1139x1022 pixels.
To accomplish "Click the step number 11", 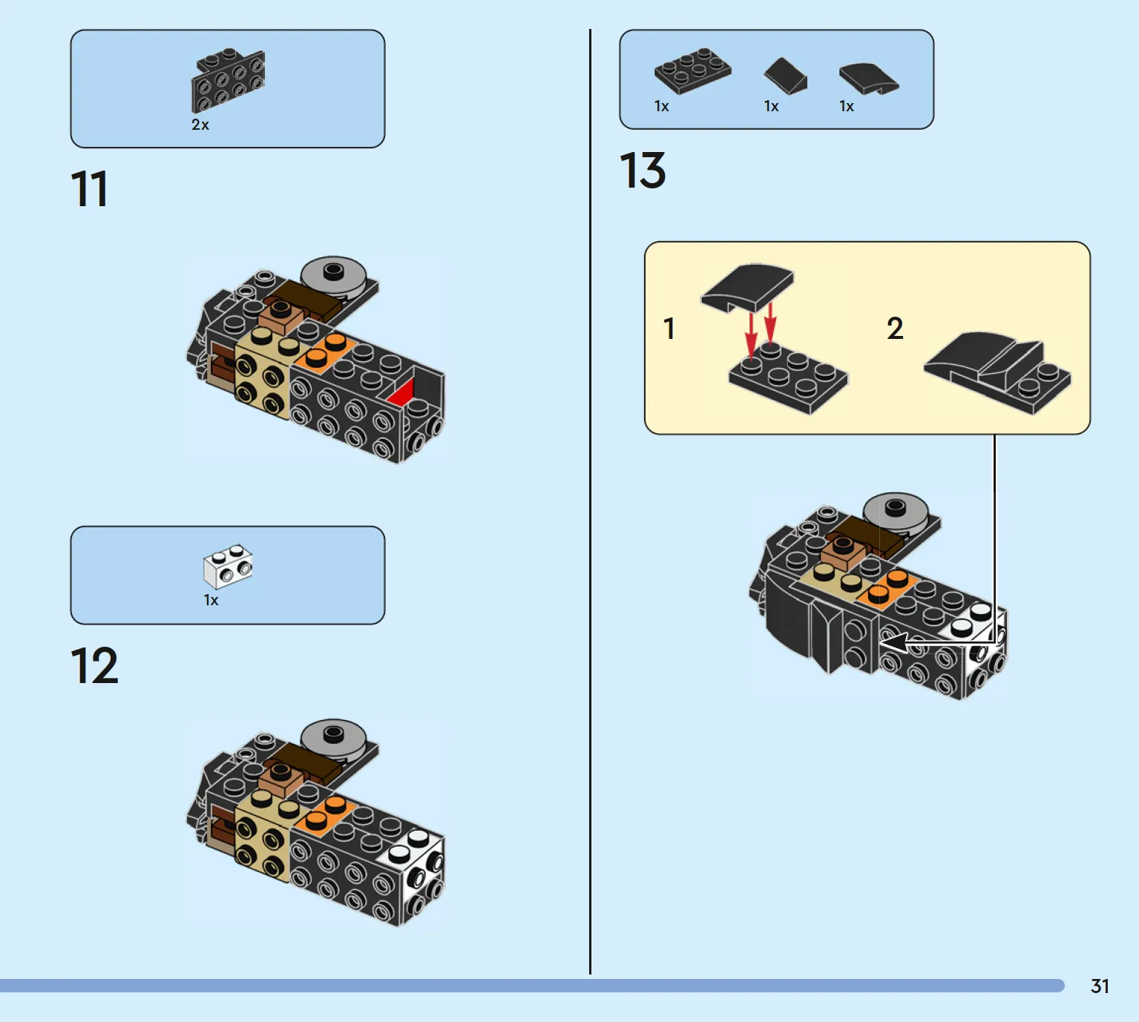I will pyautogui.click(x=89, y=189).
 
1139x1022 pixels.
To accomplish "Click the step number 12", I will pyautogui.click(x=94, y=666).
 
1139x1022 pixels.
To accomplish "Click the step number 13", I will pyautogui.click(x=643, y=171).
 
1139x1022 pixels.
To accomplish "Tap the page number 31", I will pyautogui.click(x=1100, y=986).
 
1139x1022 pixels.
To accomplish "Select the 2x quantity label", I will pyautogui.click(x=200, y=125).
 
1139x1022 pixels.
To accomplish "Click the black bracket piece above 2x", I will pyautogui.click(x=228, y=79).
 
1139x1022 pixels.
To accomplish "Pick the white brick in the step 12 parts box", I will pyautogui.click(x=228, y=567).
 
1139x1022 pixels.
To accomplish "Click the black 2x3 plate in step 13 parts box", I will pyautogui.click(x=692, y=70).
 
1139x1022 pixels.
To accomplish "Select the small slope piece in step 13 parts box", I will pyautogui.click(x=785, y=76).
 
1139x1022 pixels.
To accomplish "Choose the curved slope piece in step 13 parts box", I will pyautogui.click(x=867, y=78).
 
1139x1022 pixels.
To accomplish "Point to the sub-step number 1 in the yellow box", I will pyautogui.click(x=669, y=329).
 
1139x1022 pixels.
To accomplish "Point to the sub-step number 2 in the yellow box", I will pyautogui.click(x=895, y=329).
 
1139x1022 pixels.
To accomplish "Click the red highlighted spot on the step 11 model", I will pyautogui.click(x=403, y=393).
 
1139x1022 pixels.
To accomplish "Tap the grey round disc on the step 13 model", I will pyautogui.click(x=896, y=509).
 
